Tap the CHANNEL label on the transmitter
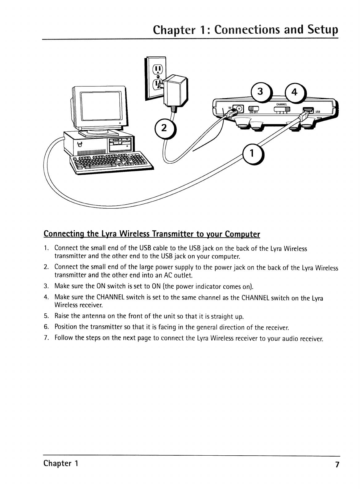282,104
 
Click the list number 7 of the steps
46,338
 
